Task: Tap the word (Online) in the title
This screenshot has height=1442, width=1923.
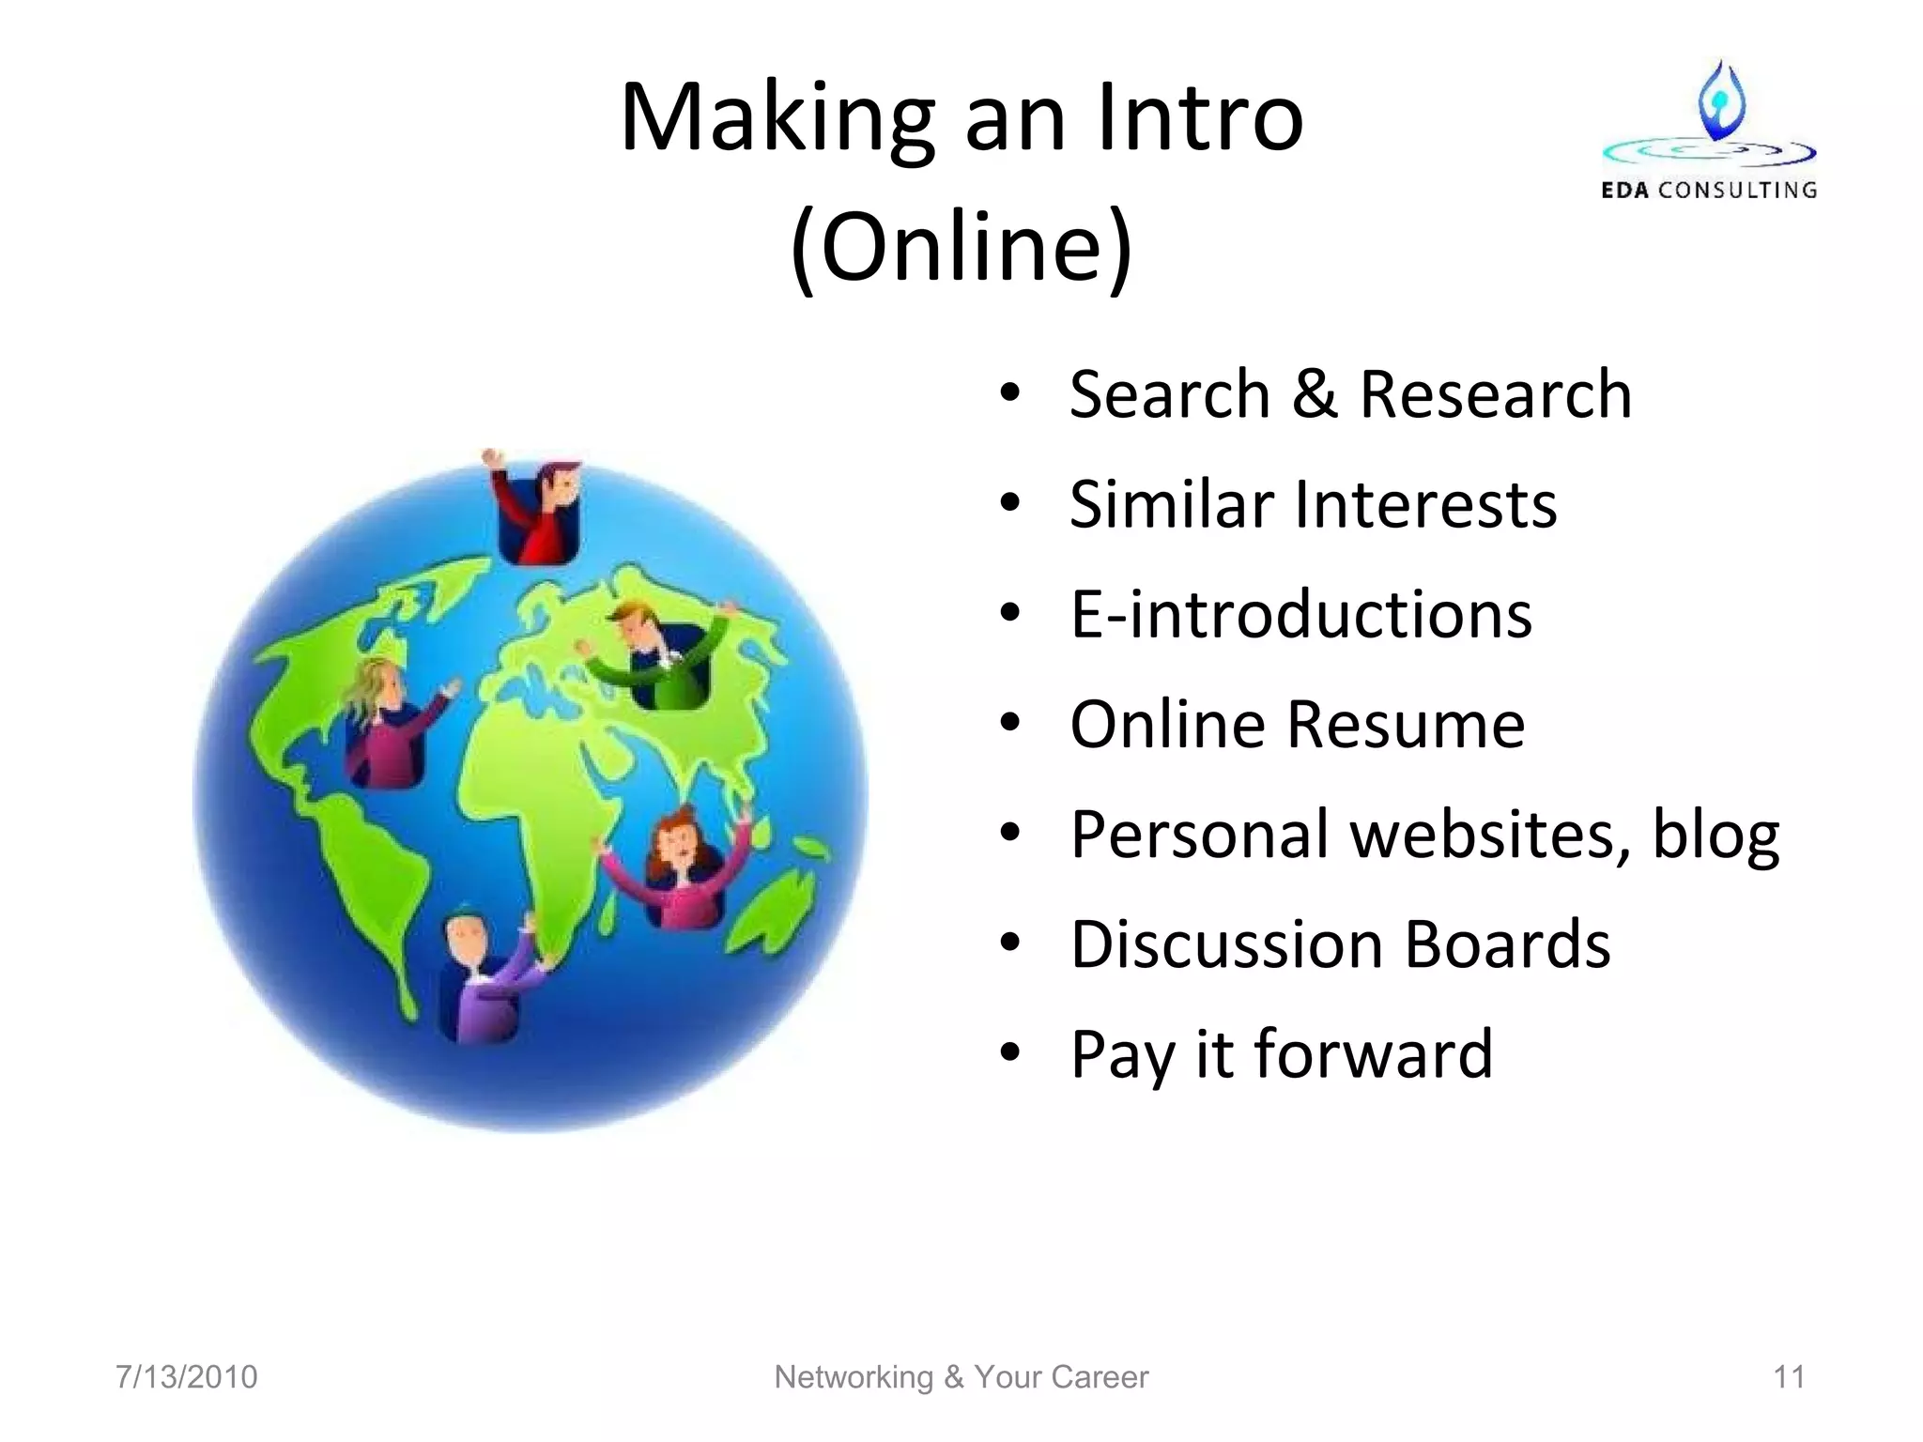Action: point(961,246)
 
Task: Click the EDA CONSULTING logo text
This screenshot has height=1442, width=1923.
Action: point(1708,191)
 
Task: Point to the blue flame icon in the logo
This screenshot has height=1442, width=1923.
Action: point(1721,100)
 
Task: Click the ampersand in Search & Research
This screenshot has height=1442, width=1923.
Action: point(1314,394)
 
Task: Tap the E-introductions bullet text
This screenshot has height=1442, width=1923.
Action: point(1300,615)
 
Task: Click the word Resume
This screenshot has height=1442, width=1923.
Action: point(1406,725)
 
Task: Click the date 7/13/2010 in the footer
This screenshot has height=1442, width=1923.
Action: point(186,1377)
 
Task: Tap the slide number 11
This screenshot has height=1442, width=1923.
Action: point(1788,1377)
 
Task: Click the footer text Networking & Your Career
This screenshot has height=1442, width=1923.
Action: point(961,1377)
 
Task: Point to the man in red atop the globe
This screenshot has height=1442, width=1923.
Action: point(542,512)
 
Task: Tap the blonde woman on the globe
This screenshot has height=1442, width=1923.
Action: point(385,723)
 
